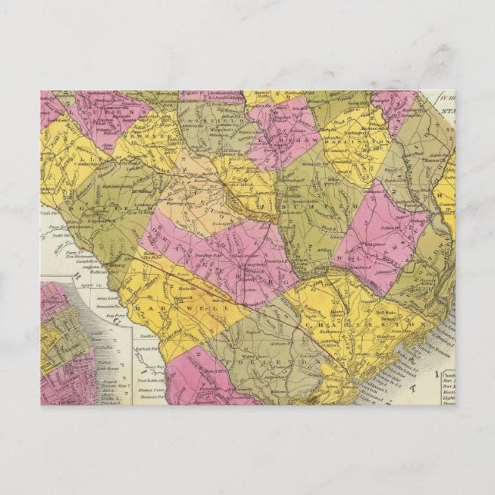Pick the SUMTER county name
point(319,201)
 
